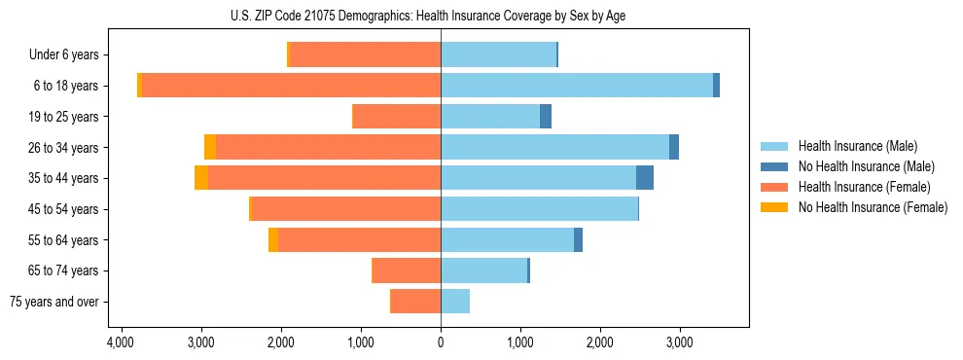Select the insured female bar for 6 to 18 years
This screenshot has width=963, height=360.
point(583,86)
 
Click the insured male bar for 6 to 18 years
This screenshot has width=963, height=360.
point(576,86)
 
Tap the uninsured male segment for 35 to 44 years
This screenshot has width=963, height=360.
point(644,178)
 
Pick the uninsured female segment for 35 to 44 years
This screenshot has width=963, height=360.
point(201,178)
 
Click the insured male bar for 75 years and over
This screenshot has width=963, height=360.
point(455,302)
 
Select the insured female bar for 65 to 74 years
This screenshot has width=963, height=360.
point(407,270)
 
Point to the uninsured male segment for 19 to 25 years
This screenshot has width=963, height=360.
point(546,117)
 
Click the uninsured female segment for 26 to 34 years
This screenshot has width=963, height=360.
point(210,147)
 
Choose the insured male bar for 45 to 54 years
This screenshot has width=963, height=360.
point(539,209)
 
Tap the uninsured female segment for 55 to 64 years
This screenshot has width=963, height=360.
point(273,239)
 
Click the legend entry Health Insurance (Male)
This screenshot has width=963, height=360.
point(857,146)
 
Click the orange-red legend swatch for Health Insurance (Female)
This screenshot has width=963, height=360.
point(775,187)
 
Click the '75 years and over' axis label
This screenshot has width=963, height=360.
point(54,302)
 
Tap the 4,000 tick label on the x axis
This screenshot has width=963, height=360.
point(121,342)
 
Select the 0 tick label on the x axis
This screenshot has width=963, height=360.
point(441,342)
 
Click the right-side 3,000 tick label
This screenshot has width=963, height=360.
point(680,342)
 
